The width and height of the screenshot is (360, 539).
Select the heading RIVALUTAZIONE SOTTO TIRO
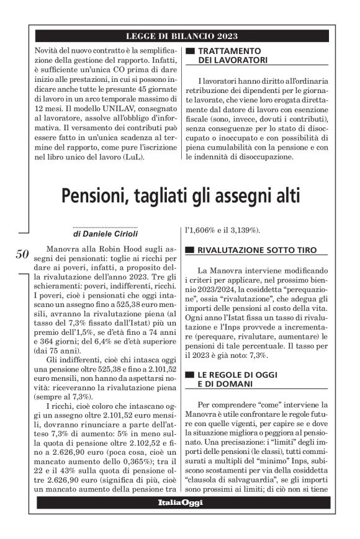coord(255,251)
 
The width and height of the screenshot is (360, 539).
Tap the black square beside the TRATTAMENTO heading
coord(191,50)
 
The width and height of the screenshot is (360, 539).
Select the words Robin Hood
coord(131,248)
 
